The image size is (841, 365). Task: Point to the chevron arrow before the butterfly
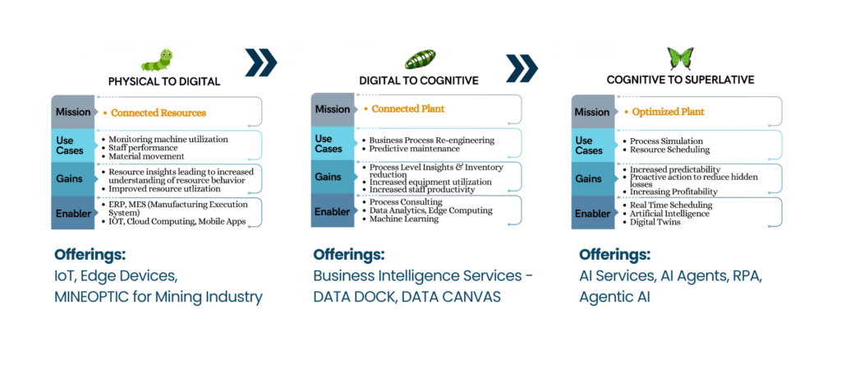point(522,69)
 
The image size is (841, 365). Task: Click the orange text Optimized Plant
point(667,112)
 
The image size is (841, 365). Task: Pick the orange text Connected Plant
point(407,109)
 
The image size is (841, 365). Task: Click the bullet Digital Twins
point(655,223)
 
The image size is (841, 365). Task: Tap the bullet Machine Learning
point(407,219)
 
